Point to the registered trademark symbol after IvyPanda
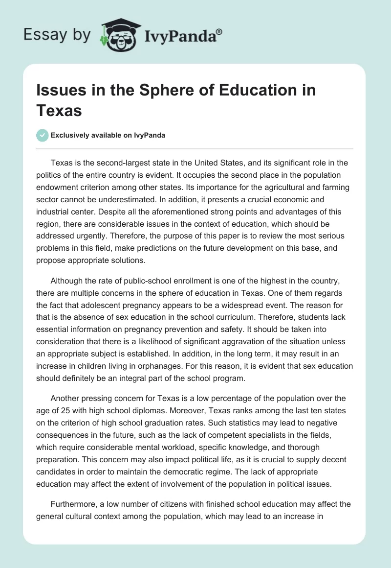tap(219, 31)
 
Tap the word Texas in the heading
tap(59, 110)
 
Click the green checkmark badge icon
tap(43, 135)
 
